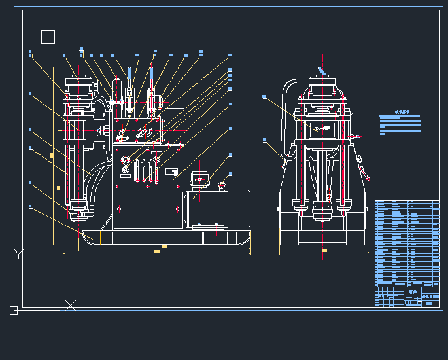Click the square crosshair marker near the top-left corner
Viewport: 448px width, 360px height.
coord(48,37)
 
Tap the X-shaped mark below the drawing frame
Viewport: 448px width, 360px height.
coord(71,305)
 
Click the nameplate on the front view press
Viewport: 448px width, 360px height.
coord(323,129)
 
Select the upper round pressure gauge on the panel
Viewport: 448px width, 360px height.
coord(126,160)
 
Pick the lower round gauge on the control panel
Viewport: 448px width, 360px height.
coord(126,171)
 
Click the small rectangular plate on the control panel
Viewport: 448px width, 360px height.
coord(172,172)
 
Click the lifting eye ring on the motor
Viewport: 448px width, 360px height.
coord(222,185)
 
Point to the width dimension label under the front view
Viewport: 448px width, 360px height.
coord(324,251)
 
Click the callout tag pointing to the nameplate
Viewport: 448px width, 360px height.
coord(264,97)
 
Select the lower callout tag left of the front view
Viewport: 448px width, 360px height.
coord(264,139)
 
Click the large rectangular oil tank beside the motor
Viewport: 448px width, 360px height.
coord(148,209)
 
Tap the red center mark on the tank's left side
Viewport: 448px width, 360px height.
coord(120,209)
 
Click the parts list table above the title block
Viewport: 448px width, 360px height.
coord(407,242)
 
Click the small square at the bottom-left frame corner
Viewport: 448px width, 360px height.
coord(14,310)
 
